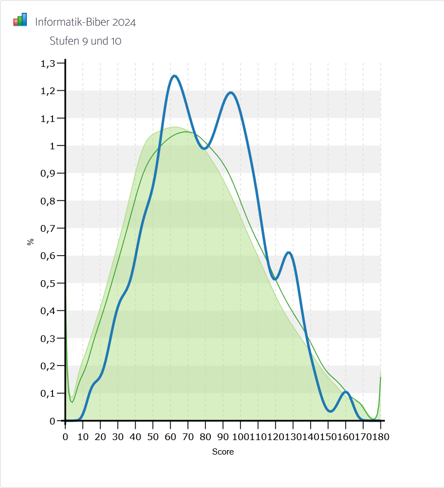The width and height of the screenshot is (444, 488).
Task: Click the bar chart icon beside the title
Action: pyautogui.click(x=20, y=20)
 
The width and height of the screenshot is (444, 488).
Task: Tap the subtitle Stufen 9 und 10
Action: pyautogui.click(x=85, y=41)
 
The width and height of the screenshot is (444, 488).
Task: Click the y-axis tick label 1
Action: pyautogui.click(x=53, y=146)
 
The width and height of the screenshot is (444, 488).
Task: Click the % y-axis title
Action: pyautogui.click(x=31, y=242)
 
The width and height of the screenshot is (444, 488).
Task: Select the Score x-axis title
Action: pyautogui.click(x=223, y=452)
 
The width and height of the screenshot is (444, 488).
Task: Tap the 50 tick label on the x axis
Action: pyautogui.click(x=153, y=436)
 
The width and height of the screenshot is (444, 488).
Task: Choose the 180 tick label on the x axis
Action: pyautogui.click(x=381, y=436)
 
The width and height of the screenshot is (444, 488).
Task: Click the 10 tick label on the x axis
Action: pyautogui.click(x=83, y=436)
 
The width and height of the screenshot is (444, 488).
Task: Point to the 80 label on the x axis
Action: pyautogui.click(x=205, y=436)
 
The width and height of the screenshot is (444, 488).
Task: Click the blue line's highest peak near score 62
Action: pyautogui.click(x=175, y=76)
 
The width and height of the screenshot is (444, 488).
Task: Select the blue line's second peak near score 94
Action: pyautogui.click(x=230, y=92)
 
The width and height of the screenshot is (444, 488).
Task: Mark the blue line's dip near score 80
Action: pyautogui.click(x=205, y=148)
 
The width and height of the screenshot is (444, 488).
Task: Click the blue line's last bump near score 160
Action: pyautogui.click(x=346, y=392)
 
